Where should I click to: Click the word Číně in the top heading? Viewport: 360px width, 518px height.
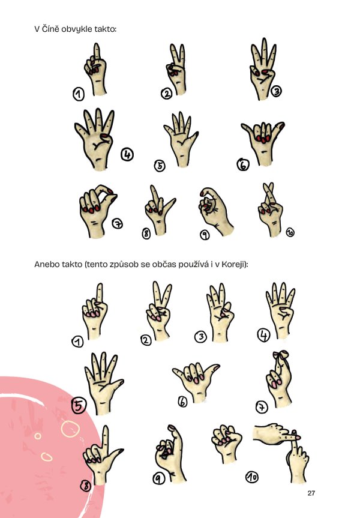pos(51,29)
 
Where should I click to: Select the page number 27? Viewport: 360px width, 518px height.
pos(311,493)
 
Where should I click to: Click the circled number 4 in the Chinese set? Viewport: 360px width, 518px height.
pos(127,154)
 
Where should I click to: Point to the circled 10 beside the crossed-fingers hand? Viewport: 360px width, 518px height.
pos(290,232)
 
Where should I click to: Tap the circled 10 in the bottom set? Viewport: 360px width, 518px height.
pos(252,477)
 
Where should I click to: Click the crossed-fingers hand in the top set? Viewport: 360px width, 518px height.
pos(271,209)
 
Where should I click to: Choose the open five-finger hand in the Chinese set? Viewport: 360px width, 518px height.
pos(181,139)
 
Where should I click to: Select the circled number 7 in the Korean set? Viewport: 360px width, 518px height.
pos(262,407)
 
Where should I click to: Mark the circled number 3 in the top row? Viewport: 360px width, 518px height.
pos(276,91)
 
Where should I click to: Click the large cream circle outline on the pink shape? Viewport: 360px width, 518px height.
pos(70,429)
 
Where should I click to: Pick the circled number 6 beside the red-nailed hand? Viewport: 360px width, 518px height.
pos(243,164)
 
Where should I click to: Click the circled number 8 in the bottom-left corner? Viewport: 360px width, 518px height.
pos(86,486)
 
